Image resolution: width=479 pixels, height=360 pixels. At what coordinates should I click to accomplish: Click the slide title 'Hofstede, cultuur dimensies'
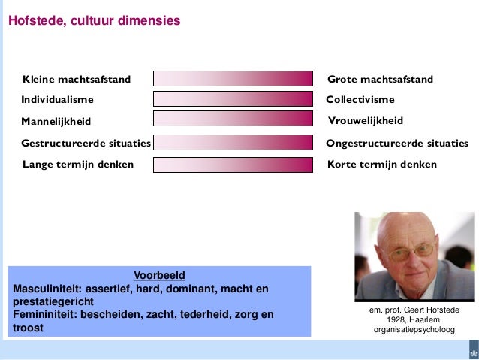pos(94,21)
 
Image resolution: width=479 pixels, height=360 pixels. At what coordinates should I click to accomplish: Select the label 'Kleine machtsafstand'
pos(77,80)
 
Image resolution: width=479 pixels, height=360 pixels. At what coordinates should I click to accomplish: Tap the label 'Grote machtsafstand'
pos(381,80)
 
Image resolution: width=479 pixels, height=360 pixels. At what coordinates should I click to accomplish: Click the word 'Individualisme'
pos(57,99)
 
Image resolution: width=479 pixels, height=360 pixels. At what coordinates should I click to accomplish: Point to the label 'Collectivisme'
pos(360,99)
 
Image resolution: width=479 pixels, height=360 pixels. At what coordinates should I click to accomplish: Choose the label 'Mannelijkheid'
pos(56,121)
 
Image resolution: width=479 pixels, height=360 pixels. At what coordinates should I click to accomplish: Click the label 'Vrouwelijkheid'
pos(366,121)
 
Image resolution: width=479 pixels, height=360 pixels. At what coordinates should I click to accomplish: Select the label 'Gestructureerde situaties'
pos(86,143)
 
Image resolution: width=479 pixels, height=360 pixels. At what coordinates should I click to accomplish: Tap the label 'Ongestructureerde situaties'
pos(397,143)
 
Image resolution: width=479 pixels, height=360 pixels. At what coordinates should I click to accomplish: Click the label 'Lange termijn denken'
pos(78,165)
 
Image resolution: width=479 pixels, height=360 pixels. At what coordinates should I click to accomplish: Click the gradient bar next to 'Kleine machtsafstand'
pos(233,79)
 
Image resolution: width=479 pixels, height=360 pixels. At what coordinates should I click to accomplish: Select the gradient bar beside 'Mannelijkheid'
pos(233,119)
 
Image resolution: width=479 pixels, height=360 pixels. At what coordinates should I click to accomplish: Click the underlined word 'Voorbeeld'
pos(159,275)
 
